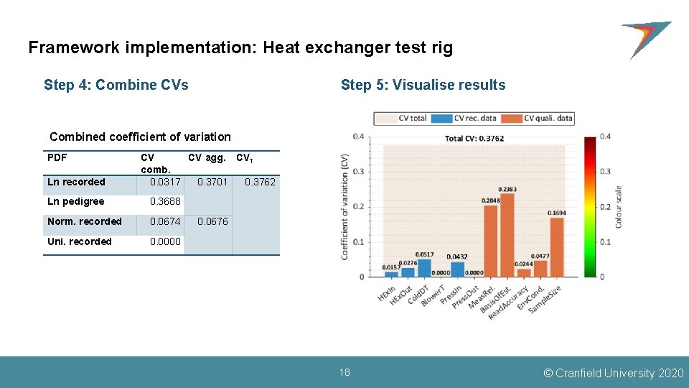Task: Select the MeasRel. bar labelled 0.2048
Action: click(491, 241)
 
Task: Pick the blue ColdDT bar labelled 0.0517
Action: click(424, 268)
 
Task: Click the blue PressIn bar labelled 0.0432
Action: click(457, 269)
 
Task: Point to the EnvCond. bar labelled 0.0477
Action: click(540, 269)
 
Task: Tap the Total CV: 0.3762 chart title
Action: click(474, 138)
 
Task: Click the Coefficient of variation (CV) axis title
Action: click(345, 206)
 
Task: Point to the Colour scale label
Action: click(619, 206)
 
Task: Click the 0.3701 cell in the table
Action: click(212, 182)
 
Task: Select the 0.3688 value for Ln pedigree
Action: click(165, 202)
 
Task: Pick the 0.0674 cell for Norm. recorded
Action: click(165, 221)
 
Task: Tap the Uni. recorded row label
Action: click(80, 241)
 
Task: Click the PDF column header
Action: click(57, 157)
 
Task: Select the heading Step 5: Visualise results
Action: click(423, 85)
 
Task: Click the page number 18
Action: click(344, 372)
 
